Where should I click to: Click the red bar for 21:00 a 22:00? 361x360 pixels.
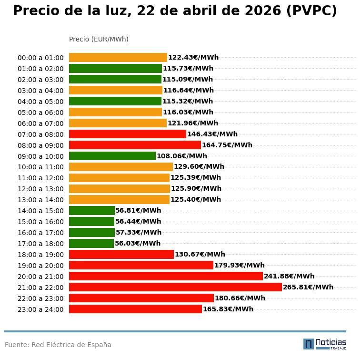coord(175,287)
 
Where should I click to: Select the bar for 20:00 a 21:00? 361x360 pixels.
coord(166,276)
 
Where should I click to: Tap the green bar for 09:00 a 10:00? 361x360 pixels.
coord(112,156)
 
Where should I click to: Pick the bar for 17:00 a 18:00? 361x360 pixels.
coord(91,243)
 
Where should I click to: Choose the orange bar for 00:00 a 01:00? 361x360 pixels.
coord(118,57)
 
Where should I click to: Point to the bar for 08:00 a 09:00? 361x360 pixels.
coord(135,145)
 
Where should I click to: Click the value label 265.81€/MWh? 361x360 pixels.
coord(308,287)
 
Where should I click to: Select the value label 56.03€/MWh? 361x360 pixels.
coord(138,243)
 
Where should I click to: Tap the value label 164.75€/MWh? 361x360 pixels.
coord(227,145)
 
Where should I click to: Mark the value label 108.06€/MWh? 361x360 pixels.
coord(182,156)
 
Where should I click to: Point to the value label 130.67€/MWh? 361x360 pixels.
coord(200,254)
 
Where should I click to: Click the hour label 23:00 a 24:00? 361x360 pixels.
coord(40,309)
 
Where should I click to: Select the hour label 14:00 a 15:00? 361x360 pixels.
coord(40,211)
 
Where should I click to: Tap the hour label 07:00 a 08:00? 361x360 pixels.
coord(40,134)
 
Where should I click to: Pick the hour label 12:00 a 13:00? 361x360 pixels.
coord(40,189)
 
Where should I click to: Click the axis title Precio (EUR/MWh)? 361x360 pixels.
coord(99,39)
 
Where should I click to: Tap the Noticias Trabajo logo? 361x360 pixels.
coord(325,344)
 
